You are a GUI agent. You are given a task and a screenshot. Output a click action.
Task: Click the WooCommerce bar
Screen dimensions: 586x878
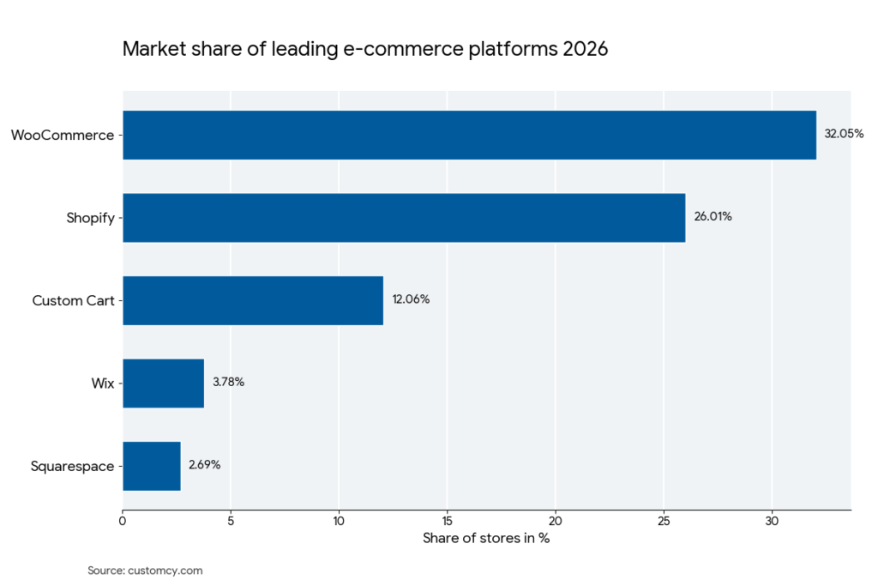tap(469, 135)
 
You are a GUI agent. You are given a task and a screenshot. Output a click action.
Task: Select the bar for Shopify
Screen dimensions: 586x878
tap(404, 218)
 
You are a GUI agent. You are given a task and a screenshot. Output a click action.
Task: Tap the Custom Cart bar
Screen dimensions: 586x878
tap(253, 300)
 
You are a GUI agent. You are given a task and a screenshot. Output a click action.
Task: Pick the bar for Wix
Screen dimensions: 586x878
tap(163, 383)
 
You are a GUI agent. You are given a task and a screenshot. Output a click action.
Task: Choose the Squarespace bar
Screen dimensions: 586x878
tap(152, 466)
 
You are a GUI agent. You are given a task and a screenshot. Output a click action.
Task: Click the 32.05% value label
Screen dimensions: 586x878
tap(844, 135)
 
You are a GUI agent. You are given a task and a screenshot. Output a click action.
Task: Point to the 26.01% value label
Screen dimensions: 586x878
tap(713, 217)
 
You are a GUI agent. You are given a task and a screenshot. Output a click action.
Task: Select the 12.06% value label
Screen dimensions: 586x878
tap(411, 300)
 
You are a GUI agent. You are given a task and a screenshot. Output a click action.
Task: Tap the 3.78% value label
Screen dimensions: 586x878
tap(228, 383)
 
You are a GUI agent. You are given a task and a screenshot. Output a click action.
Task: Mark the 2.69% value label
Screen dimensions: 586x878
tap(205, 465)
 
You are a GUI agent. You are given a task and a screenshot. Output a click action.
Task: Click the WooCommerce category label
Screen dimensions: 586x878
tap(62, 135)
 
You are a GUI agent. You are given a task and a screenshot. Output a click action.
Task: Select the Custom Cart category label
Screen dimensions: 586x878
tap(73, 301)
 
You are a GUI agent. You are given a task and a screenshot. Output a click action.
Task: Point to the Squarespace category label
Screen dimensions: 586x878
tap(72, 467)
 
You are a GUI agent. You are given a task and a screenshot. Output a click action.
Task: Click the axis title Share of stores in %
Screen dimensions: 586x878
tap(486, 539)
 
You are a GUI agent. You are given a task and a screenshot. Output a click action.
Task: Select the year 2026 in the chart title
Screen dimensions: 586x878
tap(585, 49)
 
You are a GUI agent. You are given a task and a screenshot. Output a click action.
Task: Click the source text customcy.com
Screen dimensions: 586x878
tap(165, 571)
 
